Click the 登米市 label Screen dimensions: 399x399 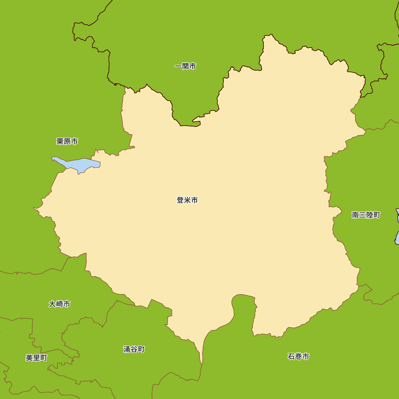(x=187, y=200)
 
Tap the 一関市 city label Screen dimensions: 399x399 (x=185, y=66)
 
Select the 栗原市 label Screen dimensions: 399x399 (x=67, y=141)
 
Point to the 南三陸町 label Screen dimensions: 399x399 (x=366, y=215)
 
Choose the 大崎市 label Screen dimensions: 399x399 (x=59, y=304)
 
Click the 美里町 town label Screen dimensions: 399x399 (x=36, y=358)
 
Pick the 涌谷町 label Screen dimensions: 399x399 (x=134, y=350)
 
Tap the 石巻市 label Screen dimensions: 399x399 (x=298, y=356)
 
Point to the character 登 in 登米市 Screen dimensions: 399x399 (x=180, y=200)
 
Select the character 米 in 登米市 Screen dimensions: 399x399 (x=187, y=200)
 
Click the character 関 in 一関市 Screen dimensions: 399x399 (x=185, y=66)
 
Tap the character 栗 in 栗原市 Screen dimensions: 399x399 (x=60, y=141)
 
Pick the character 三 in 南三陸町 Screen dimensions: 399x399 (x=362, y=215)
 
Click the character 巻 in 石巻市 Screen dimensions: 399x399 (x=298, y=356)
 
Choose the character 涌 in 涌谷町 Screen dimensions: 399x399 (x=127, y=350)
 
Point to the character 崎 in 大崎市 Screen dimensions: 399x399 (x=59, y=304)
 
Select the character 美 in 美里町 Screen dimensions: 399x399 (x=29, y=358)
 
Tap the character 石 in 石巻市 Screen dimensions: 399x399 (x=291, y=356)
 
